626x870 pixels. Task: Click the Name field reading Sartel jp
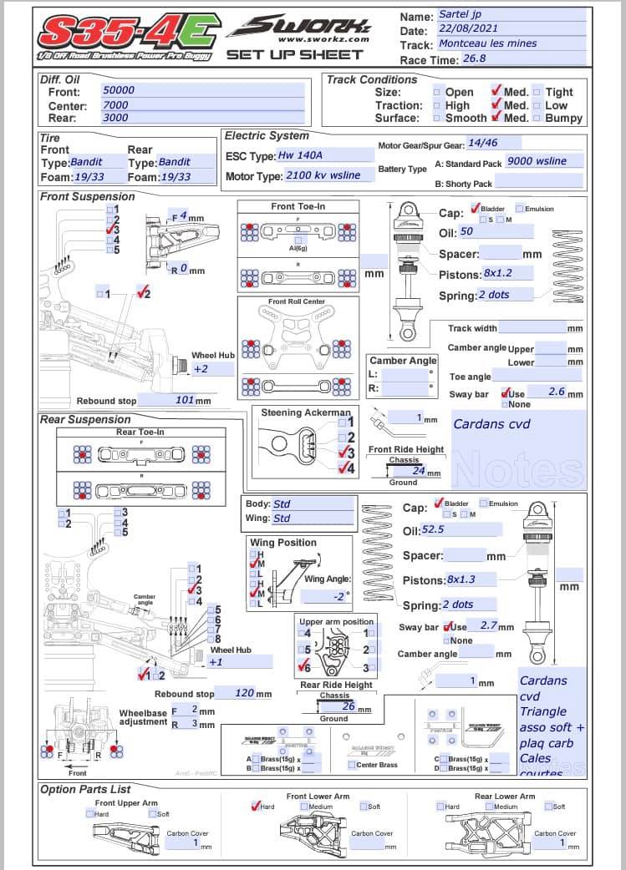coord(460,14)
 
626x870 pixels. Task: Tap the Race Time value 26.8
coord(475,58)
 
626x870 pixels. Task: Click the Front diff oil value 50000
coord(118,90)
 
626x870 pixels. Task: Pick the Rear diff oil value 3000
coord(115,119)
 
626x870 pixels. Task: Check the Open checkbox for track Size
coord(437,93)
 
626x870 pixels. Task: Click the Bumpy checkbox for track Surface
coord(537,119)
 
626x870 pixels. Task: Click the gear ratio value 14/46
coord(482,144)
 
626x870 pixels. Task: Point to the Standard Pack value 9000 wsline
coord(537,161)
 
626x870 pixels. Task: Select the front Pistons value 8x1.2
coord(497,274)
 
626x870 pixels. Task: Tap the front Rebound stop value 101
coord(186,400)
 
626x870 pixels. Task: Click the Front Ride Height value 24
coord(419,472)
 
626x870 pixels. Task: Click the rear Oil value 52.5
coord(433,530)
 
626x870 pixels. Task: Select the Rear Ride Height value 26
coord(349,706)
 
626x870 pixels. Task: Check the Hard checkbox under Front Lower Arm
coord(257,807)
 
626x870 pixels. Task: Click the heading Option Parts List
coord(85,789)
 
